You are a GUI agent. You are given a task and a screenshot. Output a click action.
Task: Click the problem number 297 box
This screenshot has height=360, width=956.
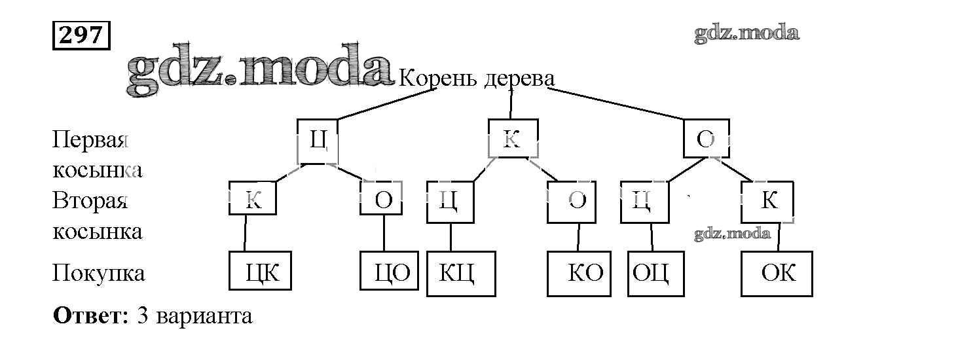(x=81, y=35)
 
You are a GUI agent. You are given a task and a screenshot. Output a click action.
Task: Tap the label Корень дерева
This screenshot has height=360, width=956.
(x=476, y=79)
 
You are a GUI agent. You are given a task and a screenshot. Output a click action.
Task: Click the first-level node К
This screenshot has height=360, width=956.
(x=513, y=139)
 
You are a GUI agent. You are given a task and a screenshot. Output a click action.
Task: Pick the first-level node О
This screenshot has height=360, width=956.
(x=706, y=139)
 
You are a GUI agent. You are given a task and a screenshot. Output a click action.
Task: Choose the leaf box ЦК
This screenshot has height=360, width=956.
(x=260, y=270)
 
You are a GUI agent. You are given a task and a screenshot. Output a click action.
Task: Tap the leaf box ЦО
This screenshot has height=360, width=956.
(x=390, y=271)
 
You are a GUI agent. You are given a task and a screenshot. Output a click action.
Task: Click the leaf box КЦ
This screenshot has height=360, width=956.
(x=460, y=273)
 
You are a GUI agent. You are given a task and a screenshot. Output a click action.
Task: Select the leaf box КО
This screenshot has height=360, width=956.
(x=579, y=273)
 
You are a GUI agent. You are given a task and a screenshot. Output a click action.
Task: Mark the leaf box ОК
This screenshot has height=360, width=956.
(x=777, y=273)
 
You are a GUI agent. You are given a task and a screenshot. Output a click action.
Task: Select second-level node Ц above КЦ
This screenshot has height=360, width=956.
(x=450, y=202)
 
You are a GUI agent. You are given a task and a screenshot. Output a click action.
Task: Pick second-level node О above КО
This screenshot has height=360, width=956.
(x=572, y=202)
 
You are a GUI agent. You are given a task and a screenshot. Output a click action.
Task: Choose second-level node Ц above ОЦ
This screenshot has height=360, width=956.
(x=644, y=202)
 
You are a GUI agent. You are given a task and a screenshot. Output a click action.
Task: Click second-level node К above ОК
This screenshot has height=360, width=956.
(x=767, y=202)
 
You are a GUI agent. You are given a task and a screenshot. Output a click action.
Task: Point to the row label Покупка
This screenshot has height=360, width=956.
(x=98, y=272)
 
